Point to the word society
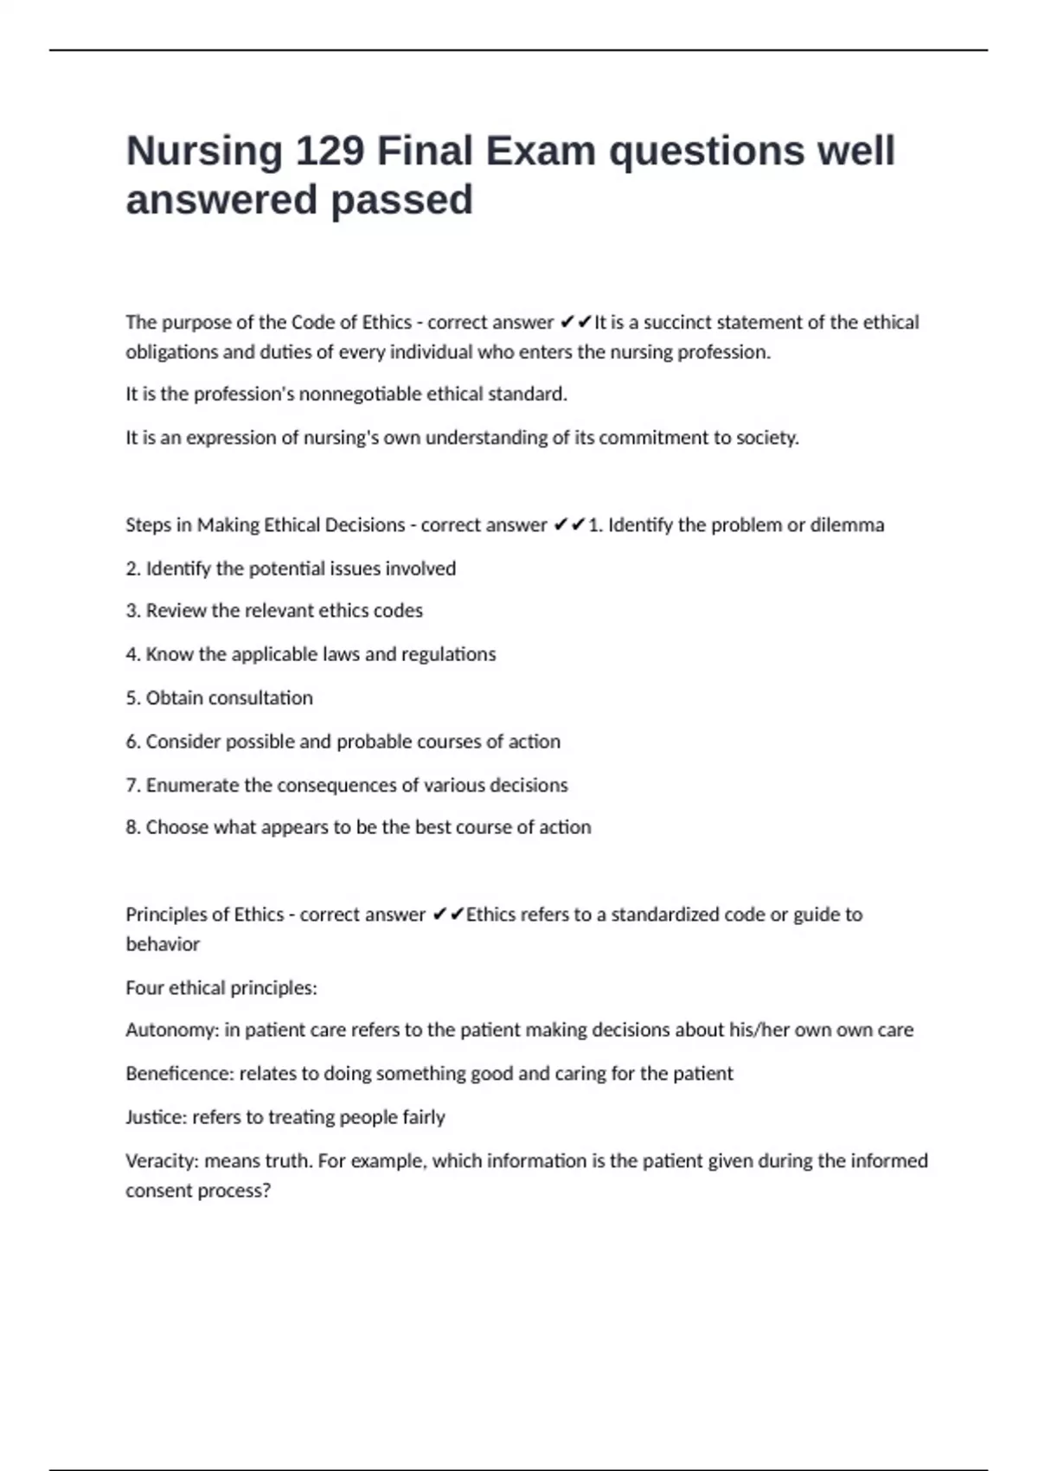[x=766, y=438]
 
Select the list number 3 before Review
[x=131, y=611]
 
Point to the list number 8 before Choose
[x=131, y=827]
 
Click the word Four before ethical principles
[x=144, y=988]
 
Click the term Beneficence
[x=178, y=1074]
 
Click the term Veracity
[x=161, y=1161]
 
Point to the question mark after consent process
[x=266, y=1191]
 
